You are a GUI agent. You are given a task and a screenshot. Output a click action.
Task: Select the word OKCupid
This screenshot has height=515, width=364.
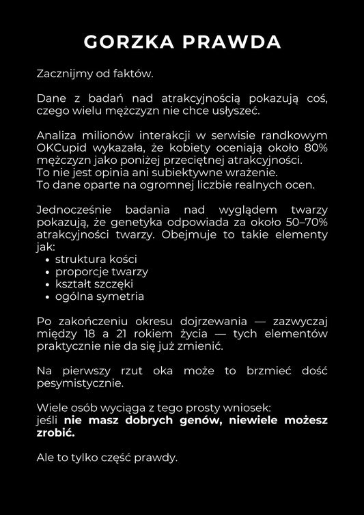(x=63, y=147)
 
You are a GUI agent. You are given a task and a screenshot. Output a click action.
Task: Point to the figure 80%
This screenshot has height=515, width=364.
(x=313, y=147)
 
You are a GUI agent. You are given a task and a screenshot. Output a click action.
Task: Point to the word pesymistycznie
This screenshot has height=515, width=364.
(x=79, y=383)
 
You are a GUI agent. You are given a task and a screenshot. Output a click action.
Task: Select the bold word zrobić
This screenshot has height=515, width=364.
(x=55, y=432)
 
